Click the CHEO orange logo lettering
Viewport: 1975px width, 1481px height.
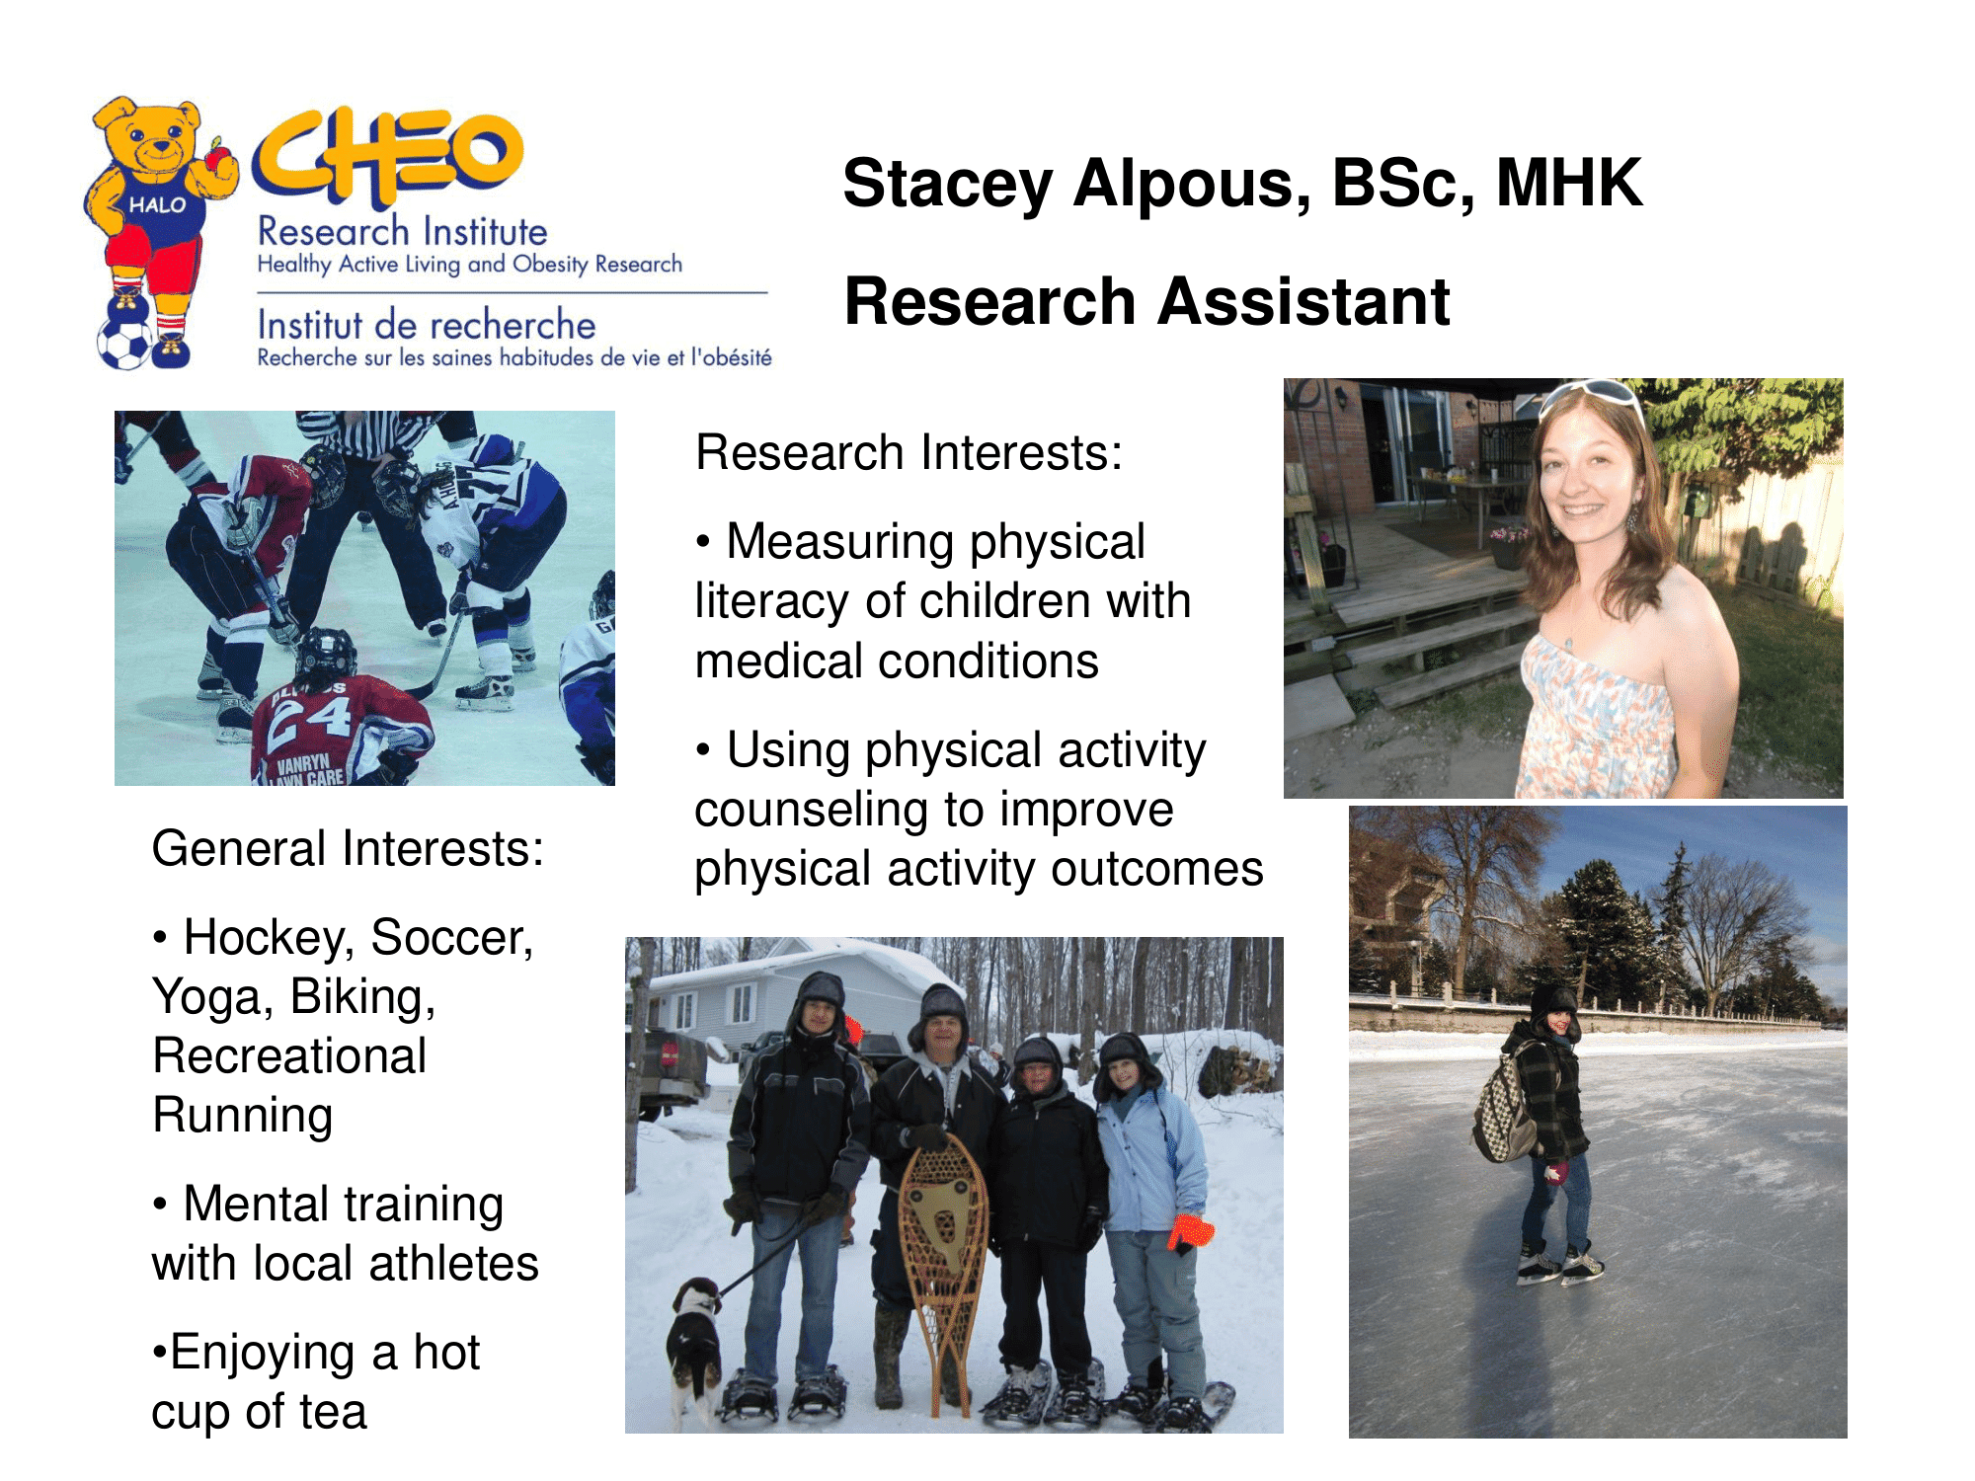(x=387, y=156)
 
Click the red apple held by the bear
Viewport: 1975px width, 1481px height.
(x=218, y=159)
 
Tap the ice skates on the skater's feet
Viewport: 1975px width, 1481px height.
(x=1559, y=1263)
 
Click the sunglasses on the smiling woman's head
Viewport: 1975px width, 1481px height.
(x=1592, y=396)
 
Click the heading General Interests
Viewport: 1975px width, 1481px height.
(x=348, y=849)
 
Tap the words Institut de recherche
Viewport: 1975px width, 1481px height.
(x=427, y=325)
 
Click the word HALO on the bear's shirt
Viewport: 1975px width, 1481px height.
(x=158, y=205)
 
